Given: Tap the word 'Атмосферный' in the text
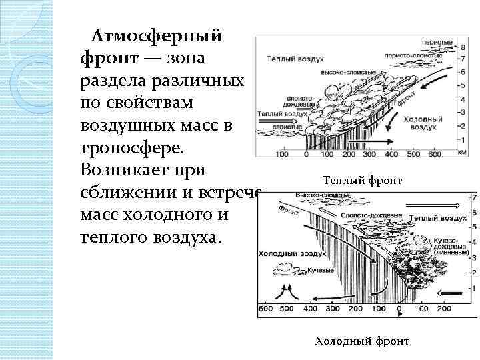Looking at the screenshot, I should point(157,35).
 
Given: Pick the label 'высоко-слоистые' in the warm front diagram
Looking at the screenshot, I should point(341,71).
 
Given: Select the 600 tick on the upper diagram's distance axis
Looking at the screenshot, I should point(434,155).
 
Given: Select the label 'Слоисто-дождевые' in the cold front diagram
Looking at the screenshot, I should point(371,216).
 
